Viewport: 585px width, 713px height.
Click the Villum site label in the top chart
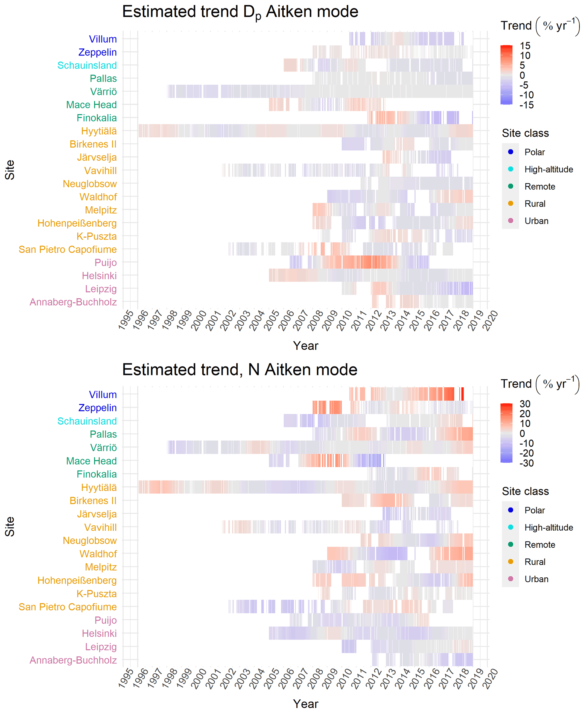click(x=102, y=39)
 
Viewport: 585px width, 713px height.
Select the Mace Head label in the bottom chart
click(x=91, y=461)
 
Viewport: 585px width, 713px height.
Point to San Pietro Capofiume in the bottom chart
click(x=67, y=607)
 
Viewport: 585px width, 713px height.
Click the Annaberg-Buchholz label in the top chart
click(x=73, y=302)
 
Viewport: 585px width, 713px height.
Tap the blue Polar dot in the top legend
click(x=511, y=152)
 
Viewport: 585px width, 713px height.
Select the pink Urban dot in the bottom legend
click(x=511, y=579)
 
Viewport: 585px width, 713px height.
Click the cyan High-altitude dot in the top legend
click(x=511, y=169)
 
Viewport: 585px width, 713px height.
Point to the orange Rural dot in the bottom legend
click(x=511, y=562)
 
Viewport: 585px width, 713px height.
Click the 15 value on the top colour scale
click(x=525, y=46)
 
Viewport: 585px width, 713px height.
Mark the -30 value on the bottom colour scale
click(x=526, y=463)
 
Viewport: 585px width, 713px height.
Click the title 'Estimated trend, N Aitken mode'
click(x=240, y=370)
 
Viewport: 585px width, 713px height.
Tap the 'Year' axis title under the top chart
click(x=305, y=345)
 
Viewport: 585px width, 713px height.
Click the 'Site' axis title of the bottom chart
click(x=10, y=527)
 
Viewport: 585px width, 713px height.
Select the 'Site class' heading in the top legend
click(x=525, y=133)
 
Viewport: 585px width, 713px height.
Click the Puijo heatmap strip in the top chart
click(x=359, y=262)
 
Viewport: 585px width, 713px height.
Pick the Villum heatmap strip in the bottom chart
click(x=406, y=394)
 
